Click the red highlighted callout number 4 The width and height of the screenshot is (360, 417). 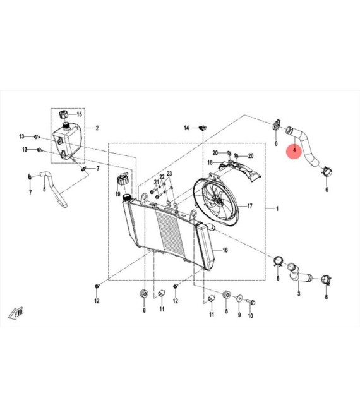[294, 150]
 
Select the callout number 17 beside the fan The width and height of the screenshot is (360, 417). [249, 206]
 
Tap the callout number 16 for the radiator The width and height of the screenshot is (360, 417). [225, 250]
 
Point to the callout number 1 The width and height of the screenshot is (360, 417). [277, 209]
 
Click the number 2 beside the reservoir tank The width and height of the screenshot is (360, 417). [97, 128]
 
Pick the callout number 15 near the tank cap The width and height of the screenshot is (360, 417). [79, 114]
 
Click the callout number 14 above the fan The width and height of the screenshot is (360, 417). [186, 128]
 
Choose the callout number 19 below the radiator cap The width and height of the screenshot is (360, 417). [117, 195]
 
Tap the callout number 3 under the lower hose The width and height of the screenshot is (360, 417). [299, 294]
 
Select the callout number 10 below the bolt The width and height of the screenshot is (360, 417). [250, 316]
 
